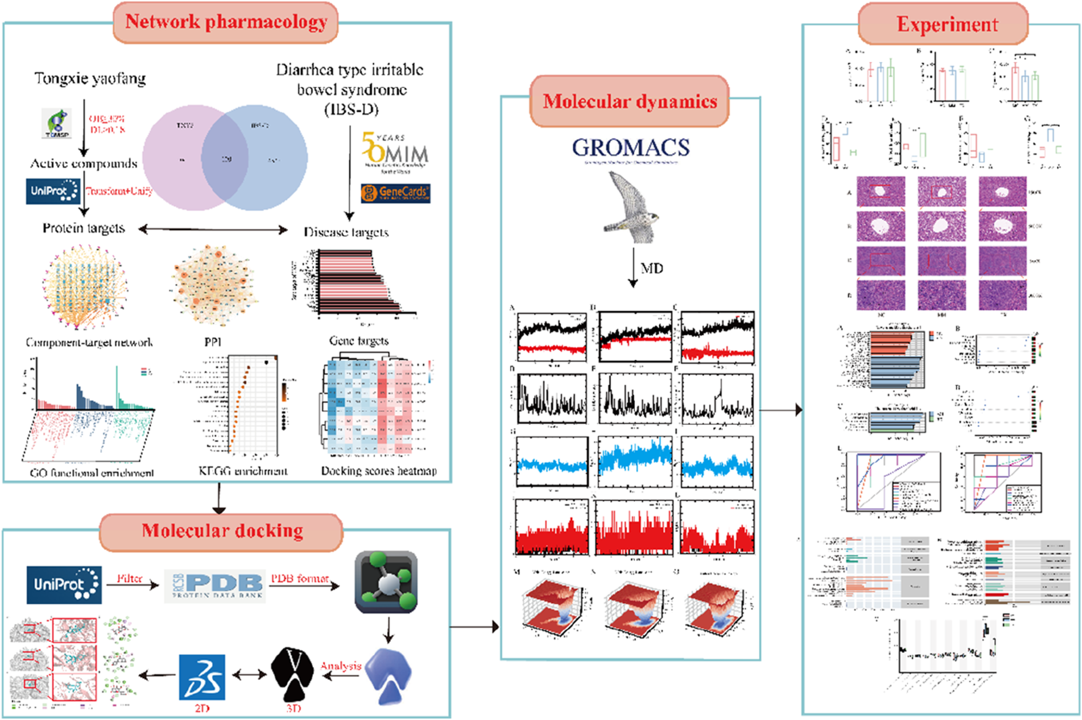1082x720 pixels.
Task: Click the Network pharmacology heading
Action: tap(225, 22)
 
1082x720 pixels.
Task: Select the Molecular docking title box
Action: tap(222, 531)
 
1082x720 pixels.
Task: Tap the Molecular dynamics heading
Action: tap(630, 101)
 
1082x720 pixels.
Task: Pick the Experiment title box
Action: tap(946, 24)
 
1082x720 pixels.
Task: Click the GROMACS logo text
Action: tap(631, 148)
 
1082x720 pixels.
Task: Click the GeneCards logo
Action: tap(396, 193)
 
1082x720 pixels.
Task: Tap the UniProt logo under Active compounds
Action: tap(53, 191)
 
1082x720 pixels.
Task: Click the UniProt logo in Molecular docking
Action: tap(64, 585)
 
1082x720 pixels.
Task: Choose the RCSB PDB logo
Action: tap(215, 585)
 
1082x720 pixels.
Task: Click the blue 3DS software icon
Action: tap(202, 677)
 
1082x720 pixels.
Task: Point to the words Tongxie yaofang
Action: tap(90, 79)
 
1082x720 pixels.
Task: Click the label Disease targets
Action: tap(346, 232)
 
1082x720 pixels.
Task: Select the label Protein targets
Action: tap(83, 228)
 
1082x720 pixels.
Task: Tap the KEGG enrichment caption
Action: tap(243, 471)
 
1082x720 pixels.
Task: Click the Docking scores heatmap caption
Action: tap(379, 471)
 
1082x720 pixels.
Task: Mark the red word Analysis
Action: tap(341, 666)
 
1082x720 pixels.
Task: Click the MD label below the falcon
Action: tap(652, 268)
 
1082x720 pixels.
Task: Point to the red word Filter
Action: tap(129, 578)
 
